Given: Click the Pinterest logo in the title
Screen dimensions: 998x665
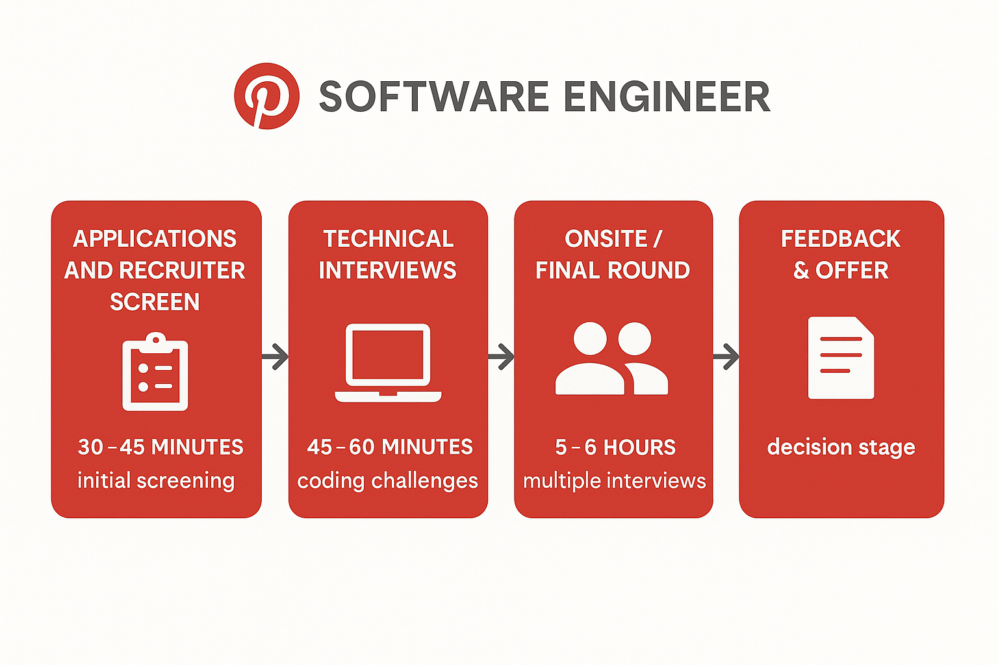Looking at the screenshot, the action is pyautogui.click(x=266, y=96).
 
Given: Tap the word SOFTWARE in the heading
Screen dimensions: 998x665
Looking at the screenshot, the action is pyautogui.click(x=434, y=97).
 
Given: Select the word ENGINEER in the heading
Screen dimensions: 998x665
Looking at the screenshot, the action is pyautogui.click(x=667, y=97).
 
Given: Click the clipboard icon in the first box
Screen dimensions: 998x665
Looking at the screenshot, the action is pyautogui.click(x=155, y=371).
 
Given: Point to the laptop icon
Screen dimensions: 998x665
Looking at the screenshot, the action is pyautogui.click(x=388, y=363).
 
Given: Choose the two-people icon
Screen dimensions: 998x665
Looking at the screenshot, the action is pyautogui.click(x=611, y=358).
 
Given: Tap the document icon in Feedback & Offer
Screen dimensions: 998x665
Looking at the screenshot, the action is pyautogui.click(x=841, y=358).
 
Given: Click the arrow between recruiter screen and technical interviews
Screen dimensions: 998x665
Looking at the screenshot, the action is pyautogui.click(x=275, y=357).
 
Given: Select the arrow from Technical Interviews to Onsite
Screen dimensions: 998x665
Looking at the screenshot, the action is pyautogui.click(x=501, y=357).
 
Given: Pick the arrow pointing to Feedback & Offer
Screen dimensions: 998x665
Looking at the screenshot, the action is pyautogui.click(x=726, y=357).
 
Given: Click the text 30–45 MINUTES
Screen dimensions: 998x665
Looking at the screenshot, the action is pyautogui.click(x=160, y=447).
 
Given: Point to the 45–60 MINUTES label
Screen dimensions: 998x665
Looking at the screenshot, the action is pyautogui.click(x=390, y=447).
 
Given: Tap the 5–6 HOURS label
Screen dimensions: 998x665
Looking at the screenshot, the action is pyautogui.click(x=615, y=447).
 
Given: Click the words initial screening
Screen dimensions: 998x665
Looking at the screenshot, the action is pyautogui.click(x=156, y=481).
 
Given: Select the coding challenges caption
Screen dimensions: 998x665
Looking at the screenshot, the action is pyautogui.click(x=388, y=481).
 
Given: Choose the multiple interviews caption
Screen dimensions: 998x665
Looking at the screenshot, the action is pyautogui.click(x=615, y=481).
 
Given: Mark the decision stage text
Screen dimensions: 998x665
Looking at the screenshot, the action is pyautogui.click(x=841, y=447).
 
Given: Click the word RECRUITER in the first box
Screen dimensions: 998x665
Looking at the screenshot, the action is pyautogui.click(x=182, y=270).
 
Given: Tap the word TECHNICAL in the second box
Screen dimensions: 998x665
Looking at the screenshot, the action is pyautogui.click(x=389, y=239).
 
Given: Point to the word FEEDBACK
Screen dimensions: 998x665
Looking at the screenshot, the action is pyautogui.click(x=841, y=239).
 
